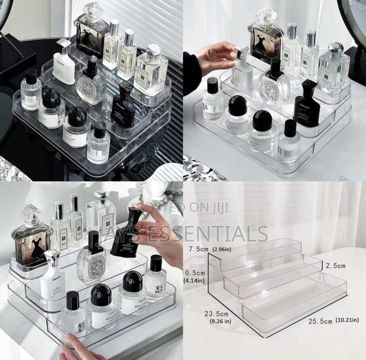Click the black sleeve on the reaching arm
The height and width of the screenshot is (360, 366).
pyautogui.click(x=191, y=71)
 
